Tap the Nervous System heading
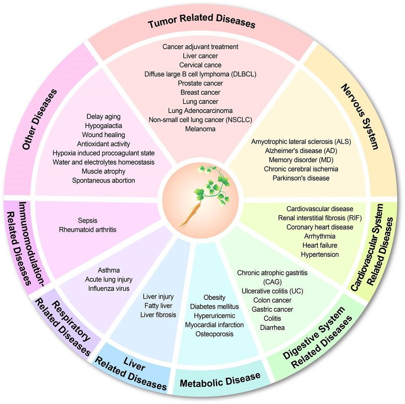[360, 116]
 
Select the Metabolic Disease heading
[220, 380]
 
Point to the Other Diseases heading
[40, 119]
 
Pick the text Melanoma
[200, 129]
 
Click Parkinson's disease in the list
[301, 178]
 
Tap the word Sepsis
[87, 221]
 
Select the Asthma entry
[109, 270]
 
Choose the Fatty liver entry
[158, 306]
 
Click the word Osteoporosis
[214, 334]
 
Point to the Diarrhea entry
[272, 328]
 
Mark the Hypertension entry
[320, 255]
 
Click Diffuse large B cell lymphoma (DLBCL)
[200, 74]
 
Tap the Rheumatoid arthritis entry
[87, 230]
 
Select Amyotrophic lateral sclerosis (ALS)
[301, 141]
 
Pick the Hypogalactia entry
[103, 126]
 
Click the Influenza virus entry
[109, 289]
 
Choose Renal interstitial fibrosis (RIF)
[320, 218]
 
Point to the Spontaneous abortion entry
[103, 180]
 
